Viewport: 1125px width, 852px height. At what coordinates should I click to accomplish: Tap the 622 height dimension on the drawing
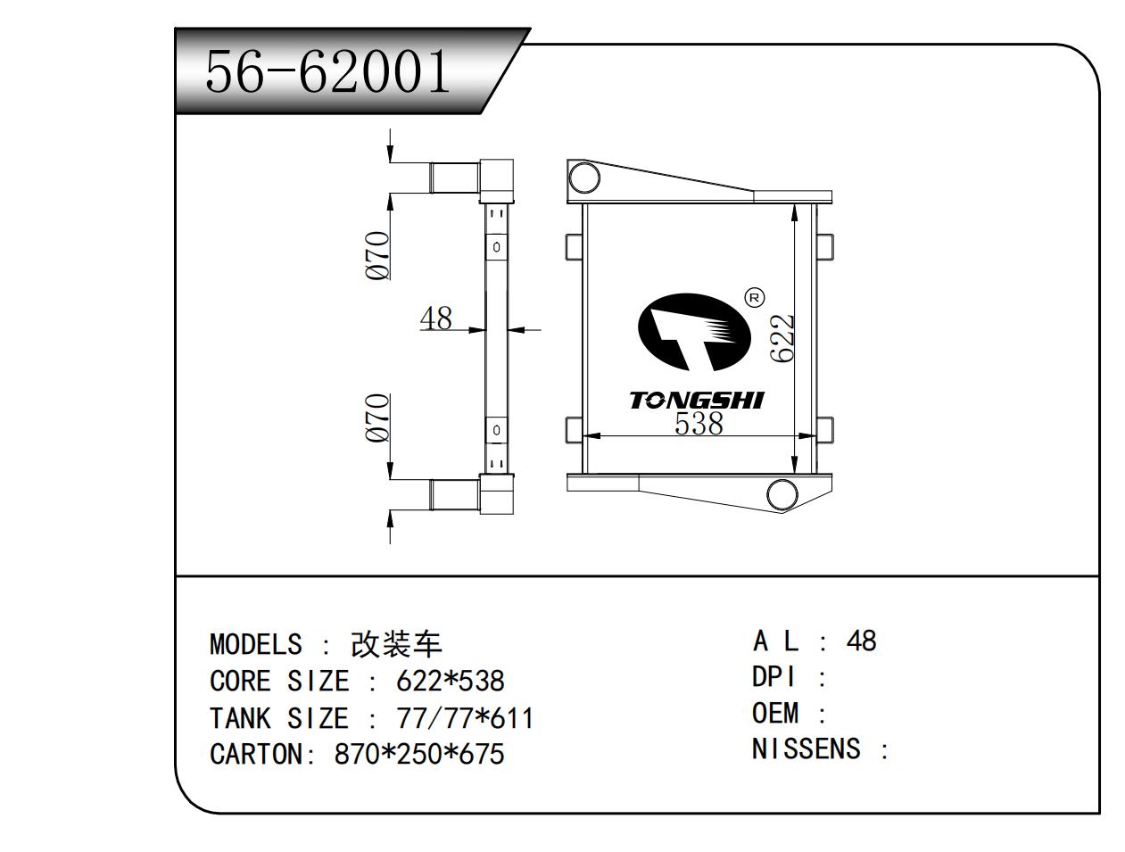coord(782,338)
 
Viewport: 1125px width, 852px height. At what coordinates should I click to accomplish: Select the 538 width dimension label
coord(698,424)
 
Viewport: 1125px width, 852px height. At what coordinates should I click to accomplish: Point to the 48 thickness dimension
coord(435,318)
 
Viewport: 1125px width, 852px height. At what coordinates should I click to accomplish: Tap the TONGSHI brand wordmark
coord(697,401)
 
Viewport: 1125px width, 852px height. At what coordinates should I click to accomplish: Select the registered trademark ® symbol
coord(754,297)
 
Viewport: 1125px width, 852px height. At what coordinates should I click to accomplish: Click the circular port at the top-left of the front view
coord(583,178)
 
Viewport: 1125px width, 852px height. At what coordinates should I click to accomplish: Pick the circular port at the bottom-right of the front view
coord(782,493)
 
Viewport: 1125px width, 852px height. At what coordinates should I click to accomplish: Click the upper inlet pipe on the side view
coord(454,177)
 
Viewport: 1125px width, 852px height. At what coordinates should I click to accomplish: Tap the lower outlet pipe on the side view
coord(454,494)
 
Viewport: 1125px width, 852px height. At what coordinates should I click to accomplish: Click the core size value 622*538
coord(451,682)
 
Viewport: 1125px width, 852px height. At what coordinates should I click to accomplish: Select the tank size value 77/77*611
coord(464,718)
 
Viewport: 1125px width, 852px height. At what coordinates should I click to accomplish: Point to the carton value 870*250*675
coord(419,755)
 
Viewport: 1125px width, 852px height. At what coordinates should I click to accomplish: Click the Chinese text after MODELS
coord(396,644)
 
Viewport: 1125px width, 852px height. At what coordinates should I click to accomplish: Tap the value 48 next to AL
coord(861,641)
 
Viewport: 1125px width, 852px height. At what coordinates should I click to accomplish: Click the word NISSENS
coord(806,749)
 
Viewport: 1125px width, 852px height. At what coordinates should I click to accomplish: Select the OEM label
coord(775,713)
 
